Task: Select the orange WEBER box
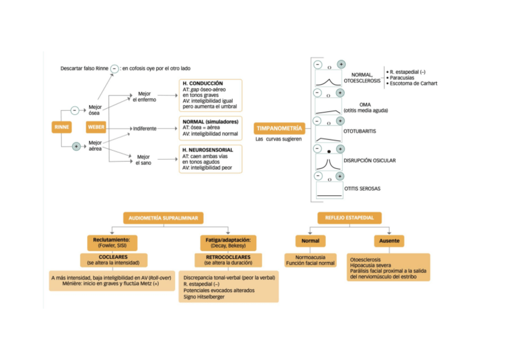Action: (96, 127)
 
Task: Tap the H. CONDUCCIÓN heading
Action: (203, 83)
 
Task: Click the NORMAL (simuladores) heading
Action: (210, 121)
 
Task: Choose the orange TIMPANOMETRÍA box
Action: (280, 129)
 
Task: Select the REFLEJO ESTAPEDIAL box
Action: (349, 218)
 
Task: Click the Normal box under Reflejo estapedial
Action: (310, 241)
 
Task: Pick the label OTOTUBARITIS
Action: (361, 131)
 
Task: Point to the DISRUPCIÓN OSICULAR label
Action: (369, 160)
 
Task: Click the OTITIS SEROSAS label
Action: (362, 189)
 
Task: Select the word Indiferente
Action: (145, 129)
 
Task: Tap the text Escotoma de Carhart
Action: (413, 84)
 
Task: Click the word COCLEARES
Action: (113, 257)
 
